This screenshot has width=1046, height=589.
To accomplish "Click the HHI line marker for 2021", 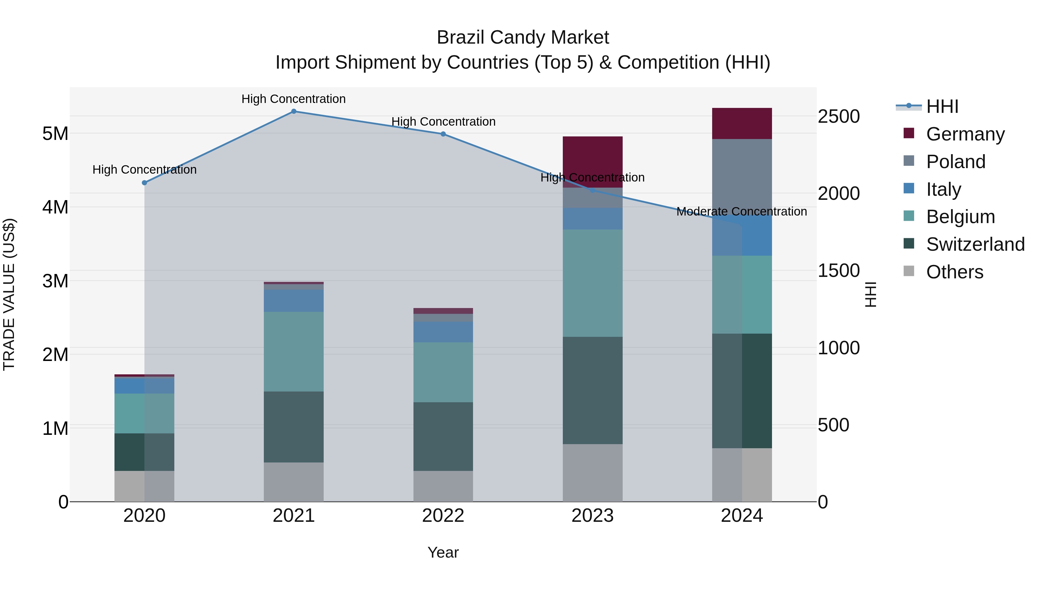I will (x=293, y=111).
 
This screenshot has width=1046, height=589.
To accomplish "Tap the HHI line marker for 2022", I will (x=443, y=134).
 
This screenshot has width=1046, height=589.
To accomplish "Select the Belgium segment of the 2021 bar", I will (x=293, y=352).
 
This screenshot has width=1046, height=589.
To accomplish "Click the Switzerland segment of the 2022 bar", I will (x=443, y=437).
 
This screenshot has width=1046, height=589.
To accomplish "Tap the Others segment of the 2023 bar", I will (x=592, y=473).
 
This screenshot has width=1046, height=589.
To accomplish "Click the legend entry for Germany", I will (x=965, y=134).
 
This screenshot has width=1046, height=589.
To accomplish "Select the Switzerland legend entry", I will (x=975, y=244).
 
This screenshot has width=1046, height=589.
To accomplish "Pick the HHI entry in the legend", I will (x=942, y=106).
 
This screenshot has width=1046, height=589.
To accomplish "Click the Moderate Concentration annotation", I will (x=741, y=211).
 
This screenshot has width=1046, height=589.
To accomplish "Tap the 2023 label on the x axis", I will (x=592, y=516).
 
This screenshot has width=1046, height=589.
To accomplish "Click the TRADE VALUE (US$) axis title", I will (x=9, y=295).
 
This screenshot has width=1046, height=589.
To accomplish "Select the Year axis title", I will (x=443, y=552).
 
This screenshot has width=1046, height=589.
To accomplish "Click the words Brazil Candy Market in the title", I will (x=523, y=38).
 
